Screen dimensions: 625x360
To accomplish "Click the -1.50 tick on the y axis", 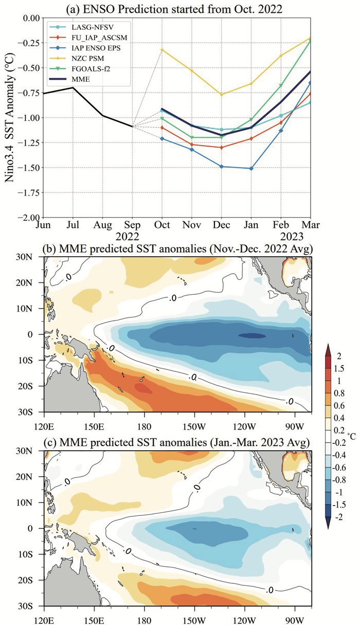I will point(27,168).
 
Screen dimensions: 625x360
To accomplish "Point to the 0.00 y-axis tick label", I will point(29,18).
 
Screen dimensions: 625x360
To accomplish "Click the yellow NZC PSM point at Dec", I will point(222,95).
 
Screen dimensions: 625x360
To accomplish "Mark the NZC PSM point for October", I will point(162,50).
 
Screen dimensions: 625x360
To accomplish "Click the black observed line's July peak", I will point(73,87).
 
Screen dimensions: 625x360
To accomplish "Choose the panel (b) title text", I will point(177,250).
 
